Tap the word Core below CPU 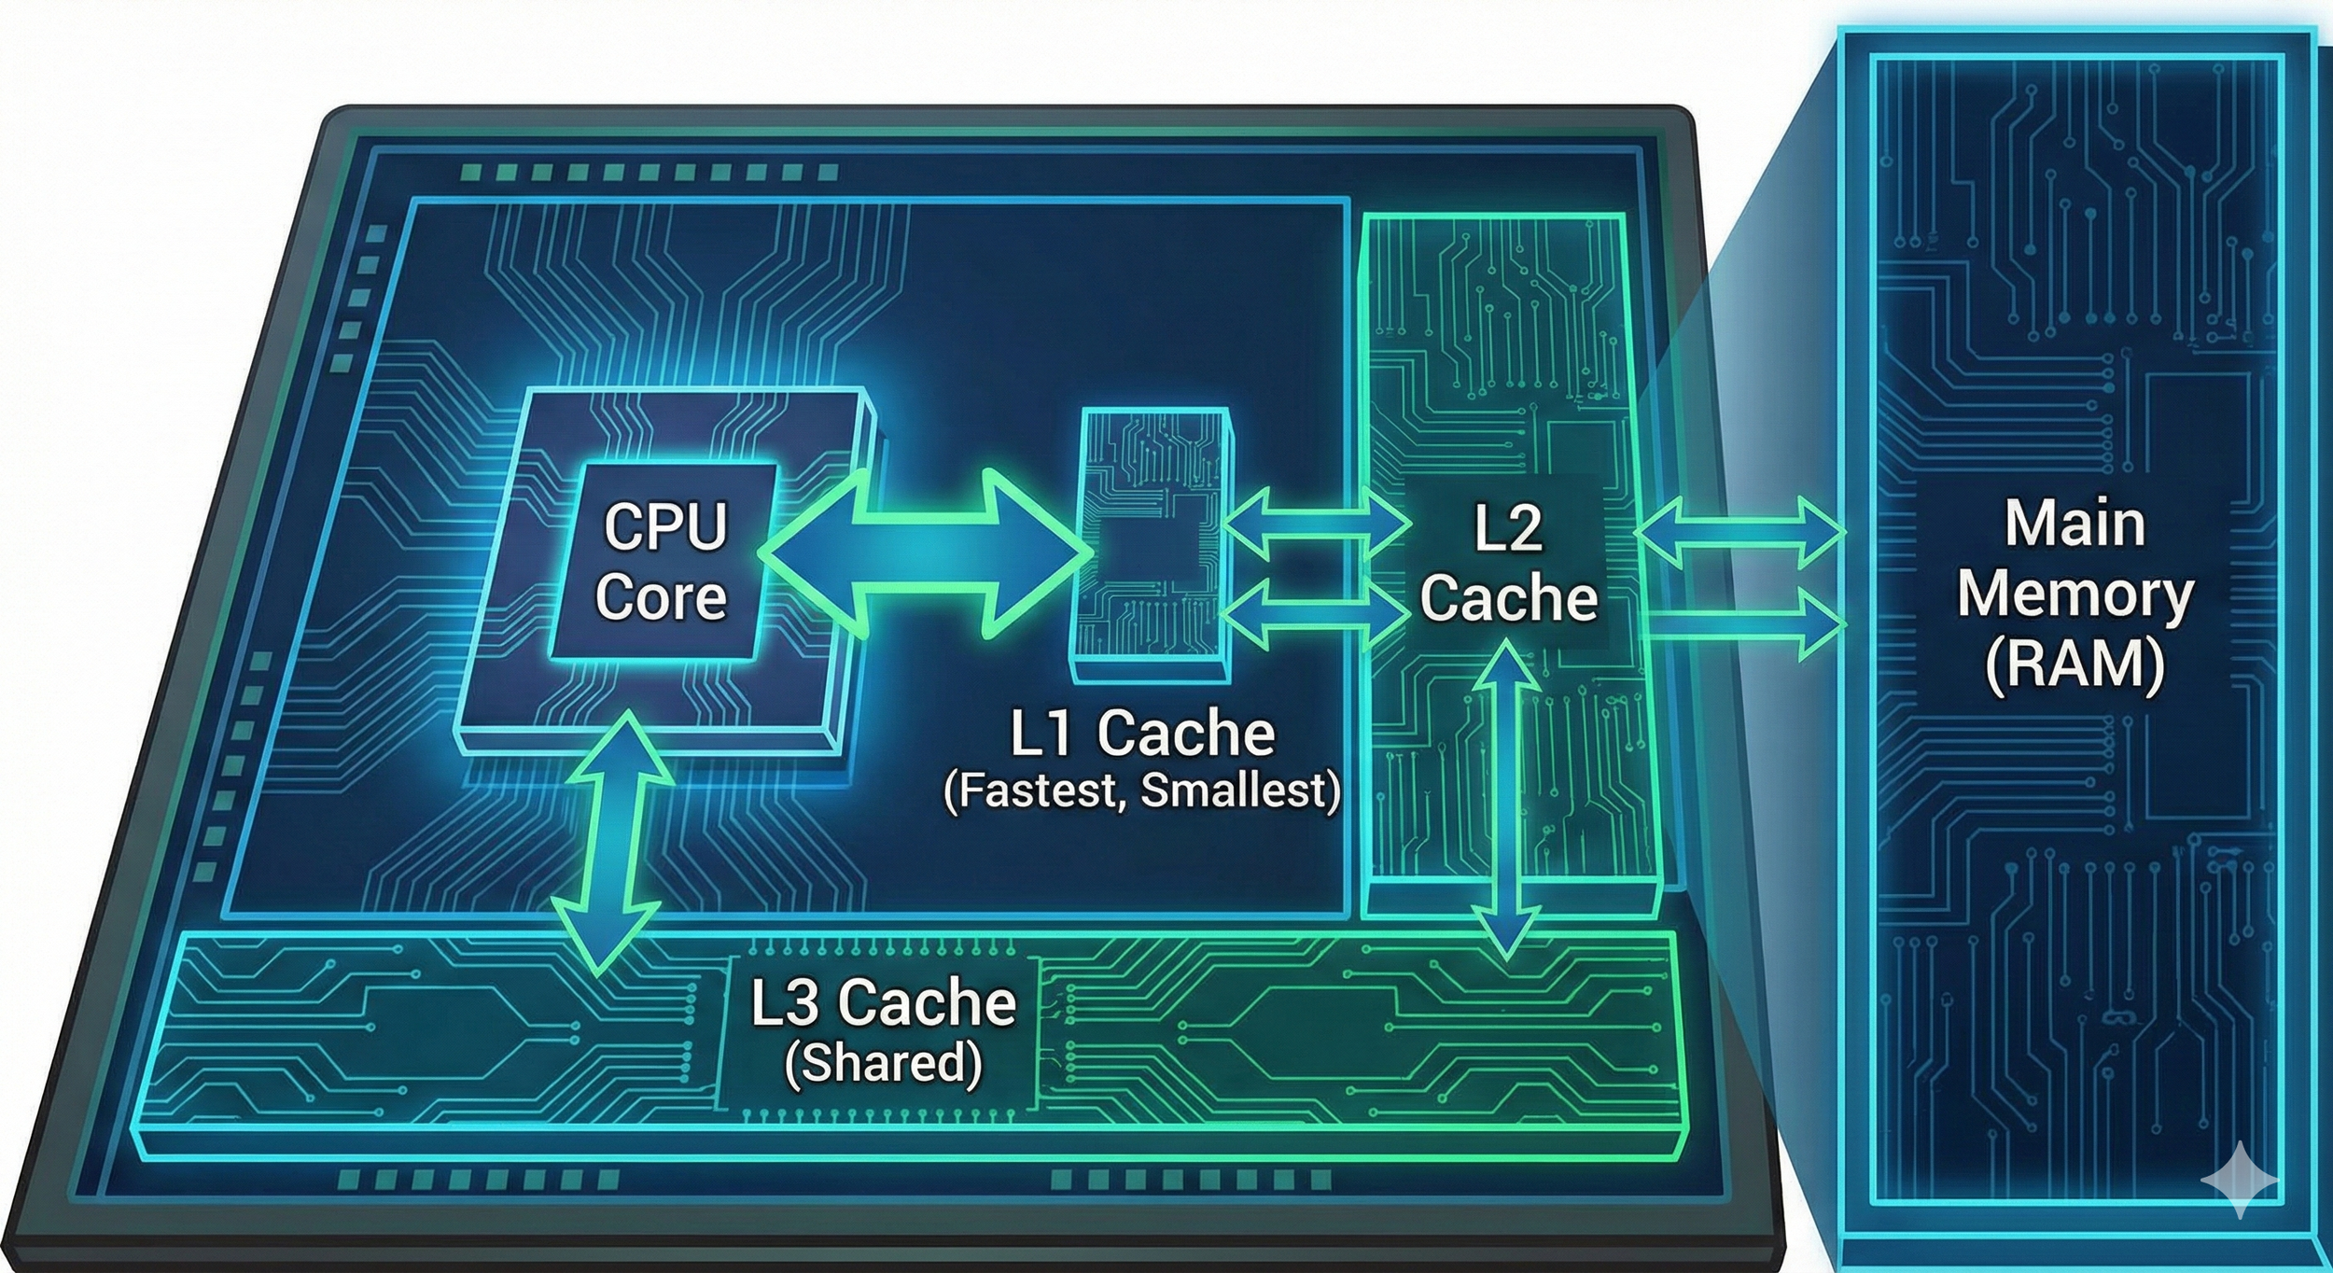point(662,597)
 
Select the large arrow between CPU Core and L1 point(924,553)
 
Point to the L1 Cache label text point(1142,734)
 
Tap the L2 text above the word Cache point(1507,529)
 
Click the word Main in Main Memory point(2075,524)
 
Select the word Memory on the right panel point(2075,594)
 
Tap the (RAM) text point(2075,664)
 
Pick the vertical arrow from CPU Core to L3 point(611,843)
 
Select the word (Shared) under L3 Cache point(883,1063)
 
